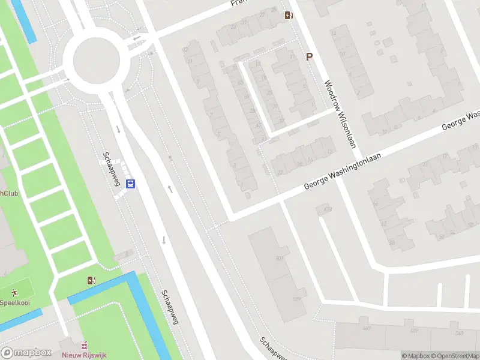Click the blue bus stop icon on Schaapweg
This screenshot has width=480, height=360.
pyautogui.click(x=130, y=184)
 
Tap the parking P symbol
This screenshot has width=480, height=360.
pyautogui.click(x=310, y=57)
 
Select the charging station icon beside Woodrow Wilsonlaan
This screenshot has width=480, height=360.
pyautogui.click(x=289, y=15)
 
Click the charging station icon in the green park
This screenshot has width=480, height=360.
pyautogui.click(x=91, y=280)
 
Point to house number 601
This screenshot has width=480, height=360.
pyautogui.click(x=280, y=259)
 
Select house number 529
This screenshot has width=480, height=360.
pyautogui.click(x=295, y=299)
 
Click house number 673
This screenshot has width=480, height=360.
pyautogui.click(x=328, y=209)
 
